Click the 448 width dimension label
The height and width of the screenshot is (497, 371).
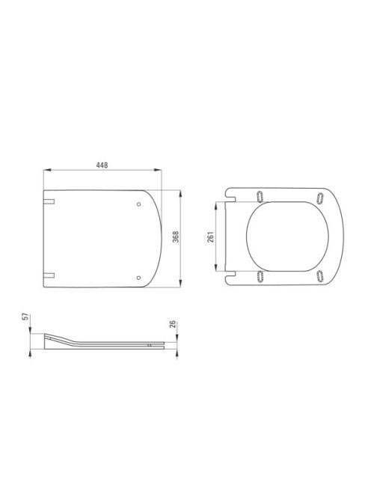coord(102,165)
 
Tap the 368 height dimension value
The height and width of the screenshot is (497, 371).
coord(176,237)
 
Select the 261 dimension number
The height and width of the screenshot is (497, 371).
coord(211,237)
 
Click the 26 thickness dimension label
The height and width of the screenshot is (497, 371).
coord(172,324)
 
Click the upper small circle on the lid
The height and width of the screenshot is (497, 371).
coord(139,204)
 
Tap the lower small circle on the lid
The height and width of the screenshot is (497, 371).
coord(138,278)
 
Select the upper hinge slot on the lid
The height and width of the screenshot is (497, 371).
coord(49,201)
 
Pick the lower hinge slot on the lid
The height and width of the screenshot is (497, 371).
coord(49,275)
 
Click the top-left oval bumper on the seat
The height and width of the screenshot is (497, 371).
coord(260,197)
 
